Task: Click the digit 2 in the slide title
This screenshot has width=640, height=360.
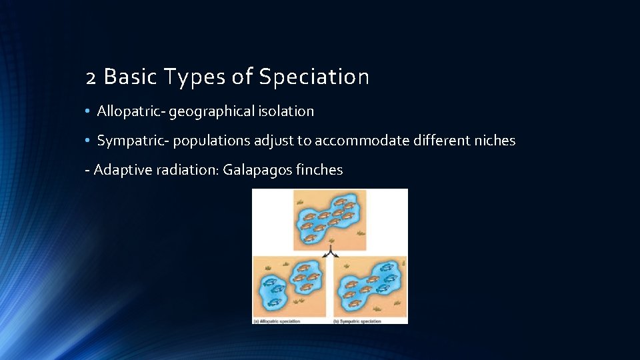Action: [92, 78]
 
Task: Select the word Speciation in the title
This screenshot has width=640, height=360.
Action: [313, 78]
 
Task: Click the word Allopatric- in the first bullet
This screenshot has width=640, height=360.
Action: [131, 111]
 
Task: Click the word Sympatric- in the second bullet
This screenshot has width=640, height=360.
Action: [133, 141]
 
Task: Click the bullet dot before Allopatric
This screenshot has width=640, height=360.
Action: [88, 111]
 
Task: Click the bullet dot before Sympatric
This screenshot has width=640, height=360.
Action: [88, 141]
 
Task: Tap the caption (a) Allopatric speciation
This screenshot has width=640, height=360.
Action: [277, 321]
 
